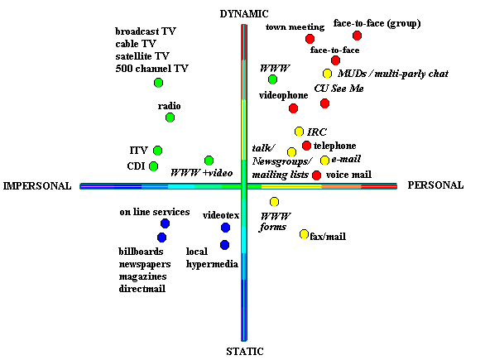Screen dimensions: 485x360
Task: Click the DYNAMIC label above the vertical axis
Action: pyautogui.click(x=244, y=14)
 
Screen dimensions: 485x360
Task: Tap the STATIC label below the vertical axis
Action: pyautogui.click(x=245, y=352)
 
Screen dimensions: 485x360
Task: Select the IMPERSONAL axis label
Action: pyautogui.click(x=37, y=186)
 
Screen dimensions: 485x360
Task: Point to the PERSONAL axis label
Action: pyautogui.click(x=435, y=185)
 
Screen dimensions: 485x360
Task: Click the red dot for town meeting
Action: pyautogui.click(x=310, y=39)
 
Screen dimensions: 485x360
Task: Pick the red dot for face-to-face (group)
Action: pyautogui.click(x=357, y=36)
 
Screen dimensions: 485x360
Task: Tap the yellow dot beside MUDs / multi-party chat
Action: pyautogui.click(x=327, y=74)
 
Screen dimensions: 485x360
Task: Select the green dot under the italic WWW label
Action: pyautogui.click(x=272, y=79)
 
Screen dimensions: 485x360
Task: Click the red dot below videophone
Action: pyautogui.click(x=293, y=108)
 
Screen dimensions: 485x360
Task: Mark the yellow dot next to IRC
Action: pyautogui.click(x=299, y=132)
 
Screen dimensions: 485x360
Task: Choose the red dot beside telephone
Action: pyautogui.click(x=306, y=146)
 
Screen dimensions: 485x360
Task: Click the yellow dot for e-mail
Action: pyautogui.click(x=324, y=161)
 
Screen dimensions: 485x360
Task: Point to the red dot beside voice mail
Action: pyautogui.click(x=316, y=175)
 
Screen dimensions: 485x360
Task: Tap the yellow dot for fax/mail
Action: pyautogui.click(x=304, y=234)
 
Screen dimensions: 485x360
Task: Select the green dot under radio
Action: pyautogui.click(x=170, y=118)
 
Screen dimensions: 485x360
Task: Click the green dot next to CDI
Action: pyautogui.click(x=153, y=166)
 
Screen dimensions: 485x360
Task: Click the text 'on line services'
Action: pyautogui.click(x=155, y=212)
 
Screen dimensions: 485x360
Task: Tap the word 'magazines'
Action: pyautogui.click(x=142, y=276)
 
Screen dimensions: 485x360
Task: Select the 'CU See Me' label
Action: pyautogui.click(x=339, y=89)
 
